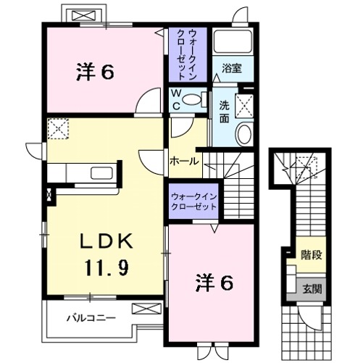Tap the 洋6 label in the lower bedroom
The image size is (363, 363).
[215, 283]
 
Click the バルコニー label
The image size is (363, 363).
[89, 317]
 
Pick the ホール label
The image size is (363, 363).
[184, 162]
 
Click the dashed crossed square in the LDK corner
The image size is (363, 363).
[57, 129]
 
